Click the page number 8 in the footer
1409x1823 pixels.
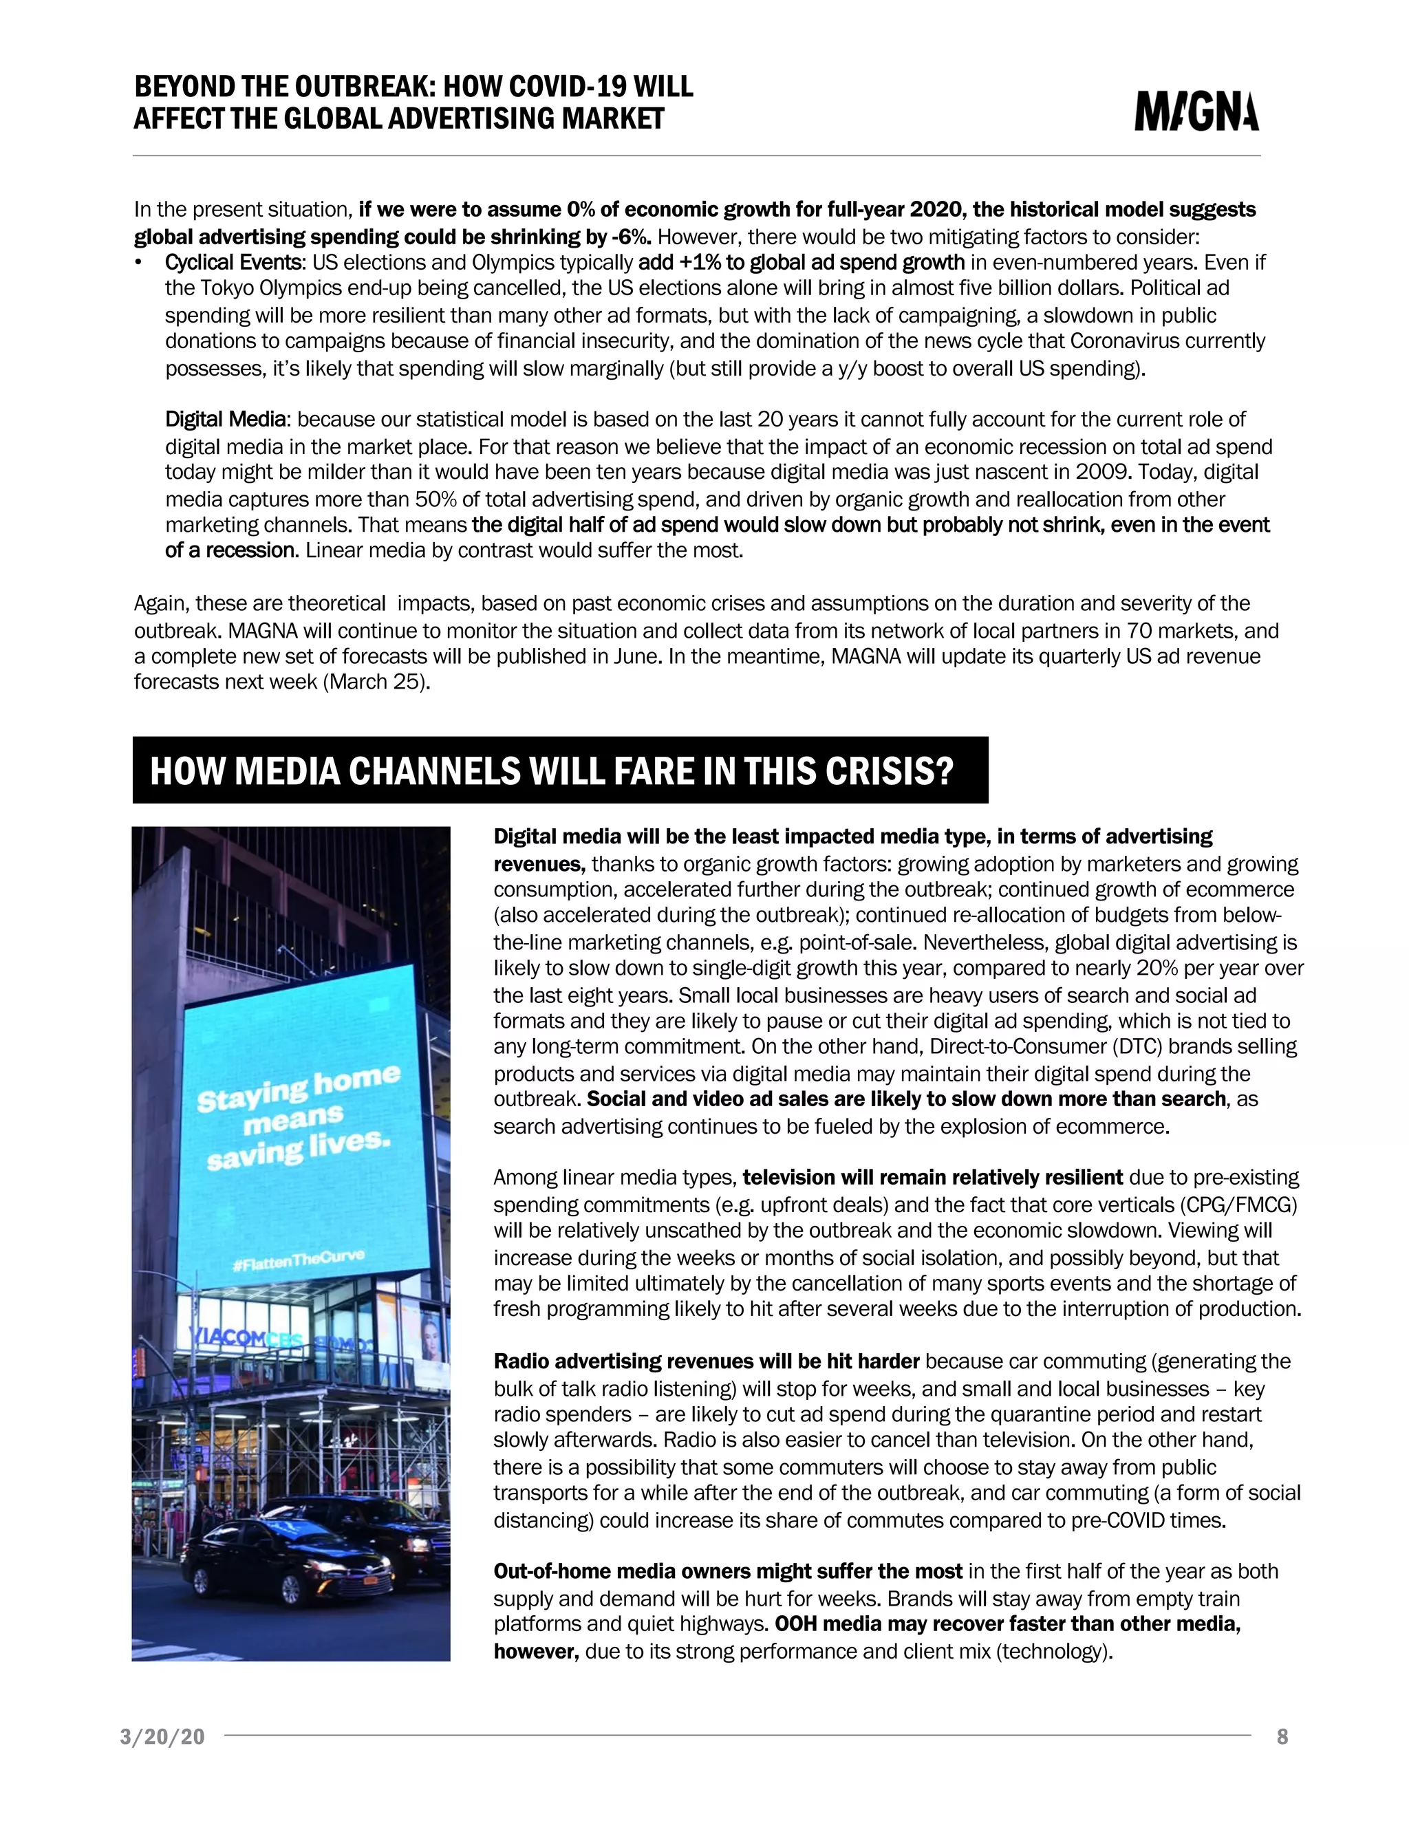(x=1282, y=1736)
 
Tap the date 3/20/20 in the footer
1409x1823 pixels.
(x=163, y=1736)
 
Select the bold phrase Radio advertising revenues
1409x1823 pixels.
(x=636, y=1361)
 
